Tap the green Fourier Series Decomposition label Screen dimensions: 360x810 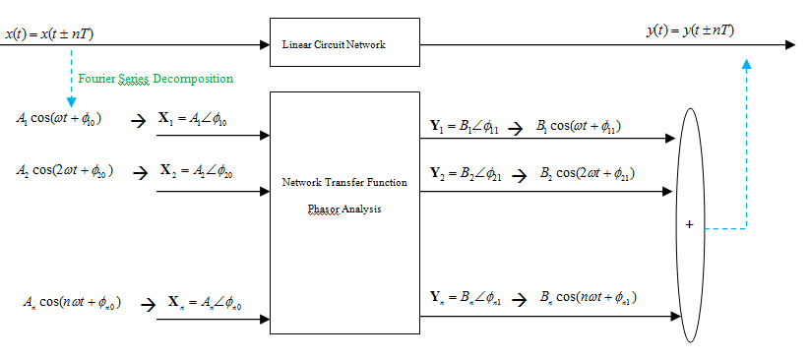click(x=156, y=78)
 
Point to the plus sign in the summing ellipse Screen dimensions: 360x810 click(x=689, y=225)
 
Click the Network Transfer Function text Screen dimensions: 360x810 click(x=344, y=183)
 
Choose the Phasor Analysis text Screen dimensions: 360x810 click(x=344, y=210)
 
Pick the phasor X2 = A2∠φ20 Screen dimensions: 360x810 click(x=198, y=171)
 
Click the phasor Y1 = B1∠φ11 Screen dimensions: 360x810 click(x=466, y=126)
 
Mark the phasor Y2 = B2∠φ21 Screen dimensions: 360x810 click(x=467, y=173)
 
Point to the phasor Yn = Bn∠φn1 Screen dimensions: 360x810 click(x=467, y=297)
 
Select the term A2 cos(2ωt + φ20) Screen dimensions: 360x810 click(x=65, y=171)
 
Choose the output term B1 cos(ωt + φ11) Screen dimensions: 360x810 click(x=579, y=126)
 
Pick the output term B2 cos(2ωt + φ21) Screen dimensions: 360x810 click(x=586, y=173)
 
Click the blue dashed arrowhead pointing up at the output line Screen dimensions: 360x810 click(x=746, y=64)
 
